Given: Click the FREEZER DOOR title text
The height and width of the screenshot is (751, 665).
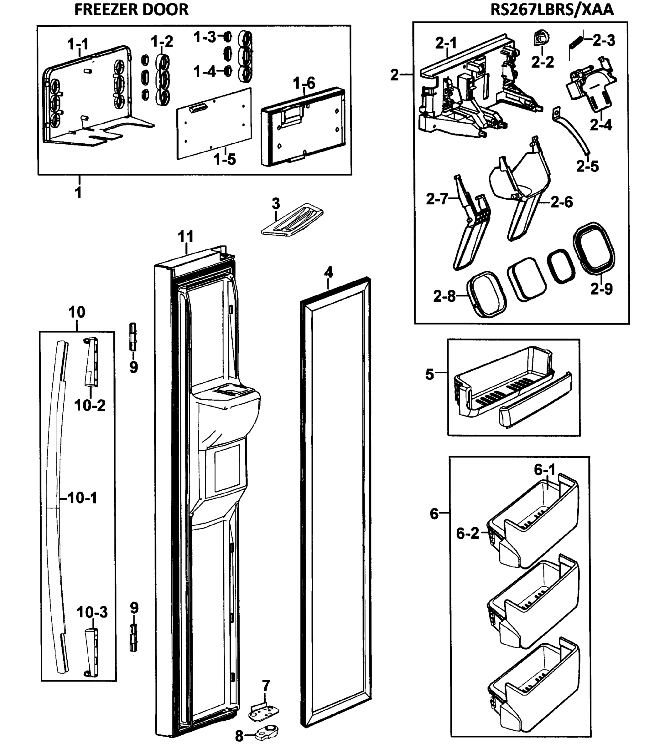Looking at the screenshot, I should pyautogui.click(x=131, y=10).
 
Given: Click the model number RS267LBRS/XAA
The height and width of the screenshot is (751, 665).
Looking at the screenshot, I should pyautogui.click(x=552, y=10).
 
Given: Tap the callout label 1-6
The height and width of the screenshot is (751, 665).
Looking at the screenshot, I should pyautogui.click(x=304, y=84).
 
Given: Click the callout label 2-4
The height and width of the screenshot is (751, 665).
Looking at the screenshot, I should pyautogui.click(x=601, y=125).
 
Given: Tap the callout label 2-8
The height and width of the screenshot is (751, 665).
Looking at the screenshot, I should pyautogui.click(x=444, y=296).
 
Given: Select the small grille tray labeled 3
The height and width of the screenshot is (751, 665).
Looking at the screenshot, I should pyautogui.click(x=293, y=219).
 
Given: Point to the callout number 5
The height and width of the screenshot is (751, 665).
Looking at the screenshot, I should pyautogui.click(x=429, y=374).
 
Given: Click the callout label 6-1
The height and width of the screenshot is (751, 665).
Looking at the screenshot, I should pyautogui.click(x=545, y=470).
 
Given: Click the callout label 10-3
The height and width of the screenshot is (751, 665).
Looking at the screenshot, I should pyautogui.click(x=92, y=612).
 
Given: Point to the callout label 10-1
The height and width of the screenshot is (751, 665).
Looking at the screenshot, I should pyautogui.click(x=82, y=498).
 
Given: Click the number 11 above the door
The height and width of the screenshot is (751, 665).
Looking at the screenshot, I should pyautogui.click(x=185, y=237).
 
